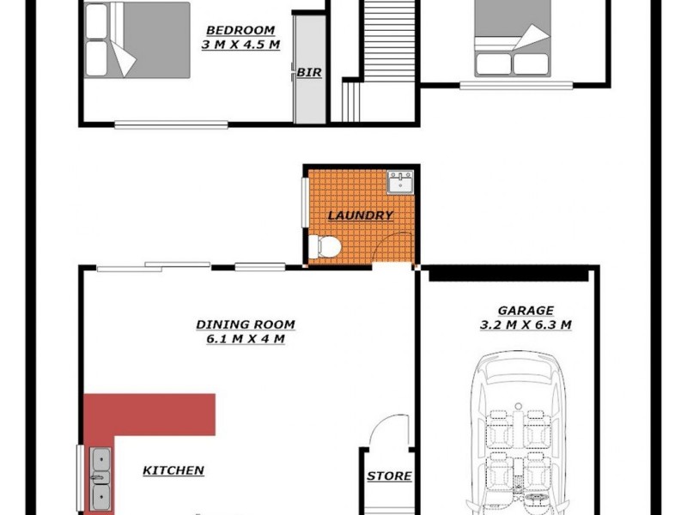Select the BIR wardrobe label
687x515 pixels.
pyautogui.click(x=309, y=73)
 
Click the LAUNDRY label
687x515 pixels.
pyautogui.click(x=361, y=215)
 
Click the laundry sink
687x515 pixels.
pyautogui.click(x=400, y=182)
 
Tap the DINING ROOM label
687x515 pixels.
pyautogui.click(x=246, y=324)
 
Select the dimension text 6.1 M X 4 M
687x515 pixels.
pyautogui.click(x=246, y=339)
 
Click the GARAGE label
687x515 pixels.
pyautogui.click(x=526, y=310)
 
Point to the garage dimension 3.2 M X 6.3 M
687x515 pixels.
pyautogui.click(x=526, y=324)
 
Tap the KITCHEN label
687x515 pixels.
pyautogui.click(x=173, y=470)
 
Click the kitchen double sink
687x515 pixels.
pyautogui.click(x=100, y=477)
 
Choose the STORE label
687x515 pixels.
pyautogui.click(x=389, y=476)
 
